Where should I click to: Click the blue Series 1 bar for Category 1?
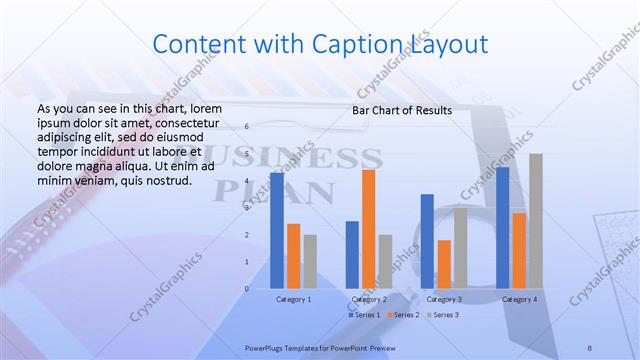pyautogui.click(x=277, y=230)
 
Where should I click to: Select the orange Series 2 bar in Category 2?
pyautogui.click(x=369, y=228)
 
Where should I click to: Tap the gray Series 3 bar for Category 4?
pyautogui.click(x=536, y=221)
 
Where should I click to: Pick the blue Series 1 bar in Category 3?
pyautogui.click(x=427, y=241)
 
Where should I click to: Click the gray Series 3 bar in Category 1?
pyautogui.click(x=310, y=261)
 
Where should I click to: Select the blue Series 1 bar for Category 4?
pyautogui.click(x=502, y=227)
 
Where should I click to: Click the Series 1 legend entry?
pyautogui.click(x=365, y=315)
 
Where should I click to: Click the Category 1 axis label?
pyautogui.click(x=293, y=299)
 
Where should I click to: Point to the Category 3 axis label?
pyautogui.click(x=444, y=299)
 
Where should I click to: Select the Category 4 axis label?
pyautogui.click(x=519, y=299)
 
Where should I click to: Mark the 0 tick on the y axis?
pyautogui.click(x=246, y=289)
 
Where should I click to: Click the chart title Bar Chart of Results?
pyautogui.click(x=402, y=110)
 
